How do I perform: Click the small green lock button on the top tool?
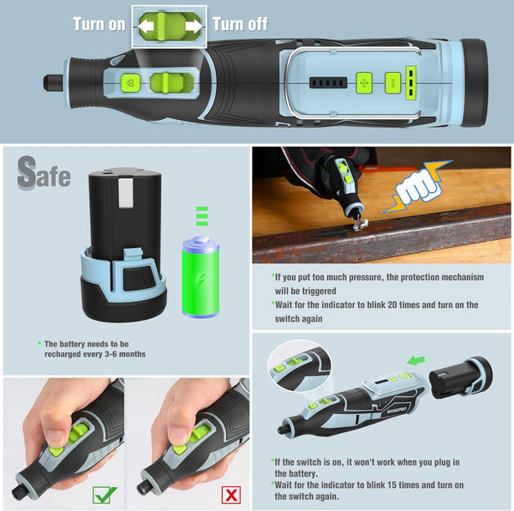(x=129, y=83)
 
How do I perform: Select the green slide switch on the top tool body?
(x=165, y=83)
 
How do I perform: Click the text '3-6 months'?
(x=125, y=353)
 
